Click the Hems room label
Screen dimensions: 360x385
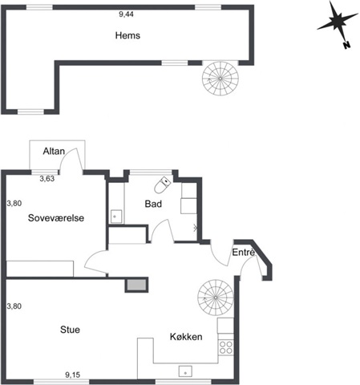127,35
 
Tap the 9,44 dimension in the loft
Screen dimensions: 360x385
126,14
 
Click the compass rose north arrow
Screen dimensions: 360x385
338,23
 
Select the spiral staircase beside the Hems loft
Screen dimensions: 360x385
220,79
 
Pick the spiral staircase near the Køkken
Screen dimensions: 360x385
216,298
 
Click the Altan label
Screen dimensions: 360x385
54,151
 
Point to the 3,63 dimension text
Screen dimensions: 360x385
47,179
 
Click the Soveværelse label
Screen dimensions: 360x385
56,218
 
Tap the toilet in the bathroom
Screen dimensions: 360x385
162,184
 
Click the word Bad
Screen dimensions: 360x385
153,204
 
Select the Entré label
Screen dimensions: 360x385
243,252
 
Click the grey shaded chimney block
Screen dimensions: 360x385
136,285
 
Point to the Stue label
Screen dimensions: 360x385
70,330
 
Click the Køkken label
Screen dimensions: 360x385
186,337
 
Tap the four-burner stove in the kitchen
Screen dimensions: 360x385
226,347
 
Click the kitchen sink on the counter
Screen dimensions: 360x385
185,371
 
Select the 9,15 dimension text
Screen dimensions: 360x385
73,375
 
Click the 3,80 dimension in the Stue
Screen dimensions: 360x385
14,306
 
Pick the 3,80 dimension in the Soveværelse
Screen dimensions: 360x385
14,203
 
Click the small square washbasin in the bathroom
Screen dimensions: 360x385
116,217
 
